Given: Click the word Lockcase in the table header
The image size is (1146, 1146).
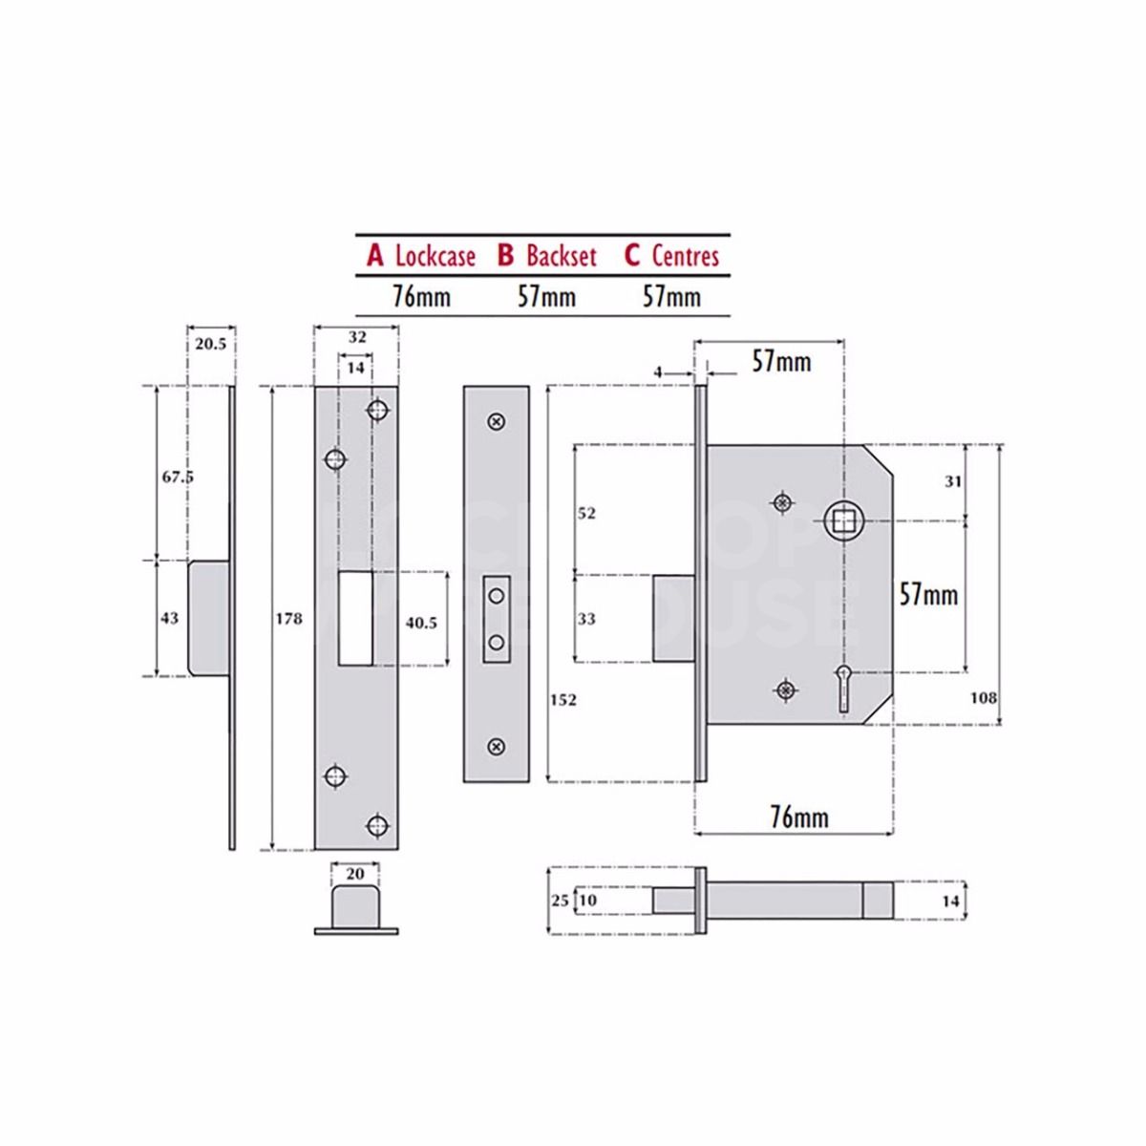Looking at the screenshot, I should click(x=435, y=256).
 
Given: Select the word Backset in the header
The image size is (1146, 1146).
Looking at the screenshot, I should click(x=561, y=256).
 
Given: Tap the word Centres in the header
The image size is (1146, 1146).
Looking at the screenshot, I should click(x=685, y=256).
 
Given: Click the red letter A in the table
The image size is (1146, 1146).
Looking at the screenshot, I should click(x=375, y=256).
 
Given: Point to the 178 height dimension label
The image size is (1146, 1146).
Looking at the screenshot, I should click(x=288, y=619).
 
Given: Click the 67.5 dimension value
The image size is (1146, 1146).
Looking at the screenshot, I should click(x=177, y=477).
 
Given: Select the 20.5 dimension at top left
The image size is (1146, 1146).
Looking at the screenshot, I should click(x=210, y=344).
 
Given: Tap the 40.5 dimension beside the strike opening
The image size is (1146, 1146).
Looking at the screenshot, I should click(x=421, y=623).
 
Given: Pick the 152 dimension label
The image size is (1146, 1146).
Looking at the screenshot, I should click(x=563, y=700).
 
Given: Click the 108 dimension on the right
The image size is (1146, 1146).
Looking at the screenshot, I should click(x=983, y=697).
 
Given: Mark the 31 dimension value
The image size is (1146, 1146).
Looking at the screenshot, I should click(x=953, y=482).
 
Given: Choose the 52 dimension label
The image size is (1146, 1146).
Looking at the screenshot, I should click(x=586, y=513).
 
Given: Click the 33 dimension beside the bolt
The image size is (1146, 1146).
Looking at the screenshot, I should click(x=586, y=619).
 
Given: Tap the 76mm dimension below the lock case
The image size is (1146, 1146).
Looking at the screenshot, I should click(x=799, y=817).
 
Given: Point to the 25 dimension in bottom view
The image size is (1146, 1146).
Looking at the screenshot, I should click(x=560, y=901).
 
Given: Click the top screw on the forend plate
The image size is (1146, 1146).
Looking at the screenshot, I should click(x=496, y=421).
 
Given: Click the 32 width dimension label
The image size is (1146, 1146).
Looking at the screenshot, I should click(x=356, y=337).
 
